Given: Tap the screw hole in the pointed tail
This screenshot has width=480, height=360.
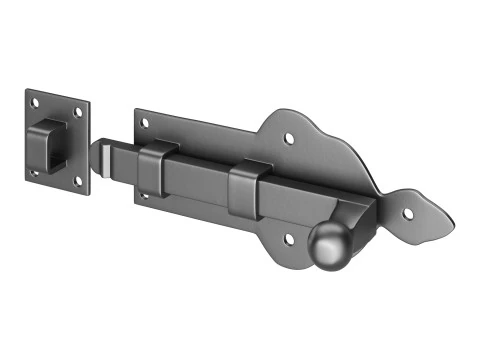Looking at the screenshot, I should tap(407, 210).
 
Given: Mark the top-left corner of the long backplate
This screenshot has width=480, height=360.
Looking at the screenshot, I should tap(134, 110).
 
